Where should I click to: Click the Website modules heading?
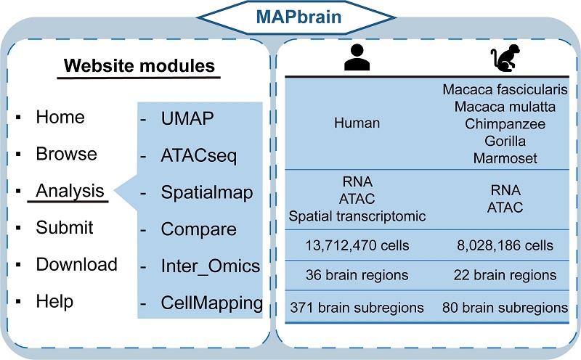tap(139, 66)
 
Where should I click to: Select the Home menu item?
tap(60, 117)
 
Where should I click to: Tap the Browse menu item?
tap(66, 154)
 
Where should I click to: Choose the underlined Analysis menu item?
tap(70, 192)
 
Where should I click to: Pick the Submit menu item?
tap(65, 228)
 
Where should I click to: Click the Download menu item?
tap(76, 264)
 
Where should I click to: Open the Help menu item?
tap(54, 300)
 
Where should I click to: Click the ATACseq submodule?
tap(198, 155)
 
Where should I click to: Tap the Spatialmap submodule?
tap(207, 192)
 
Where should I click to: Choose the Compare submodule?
tap(198, 229)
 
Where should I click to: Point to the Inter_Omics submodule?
tap(210, 266)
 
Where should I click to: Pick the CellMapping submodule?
tap(211, 303)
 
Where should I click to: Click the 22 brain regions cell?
tap(499, 276)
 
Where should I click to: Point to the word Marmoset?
tap(498, 158)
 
